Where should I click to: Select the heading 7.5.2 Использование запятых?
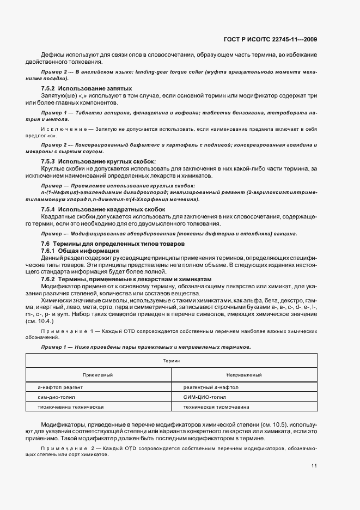pos(86,88)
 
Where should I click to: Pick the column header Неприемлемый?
pos(244,375)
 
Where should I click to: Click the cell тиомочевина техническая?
pos(71,406)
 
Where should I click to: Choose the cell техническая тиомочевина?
pos(216,406)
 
